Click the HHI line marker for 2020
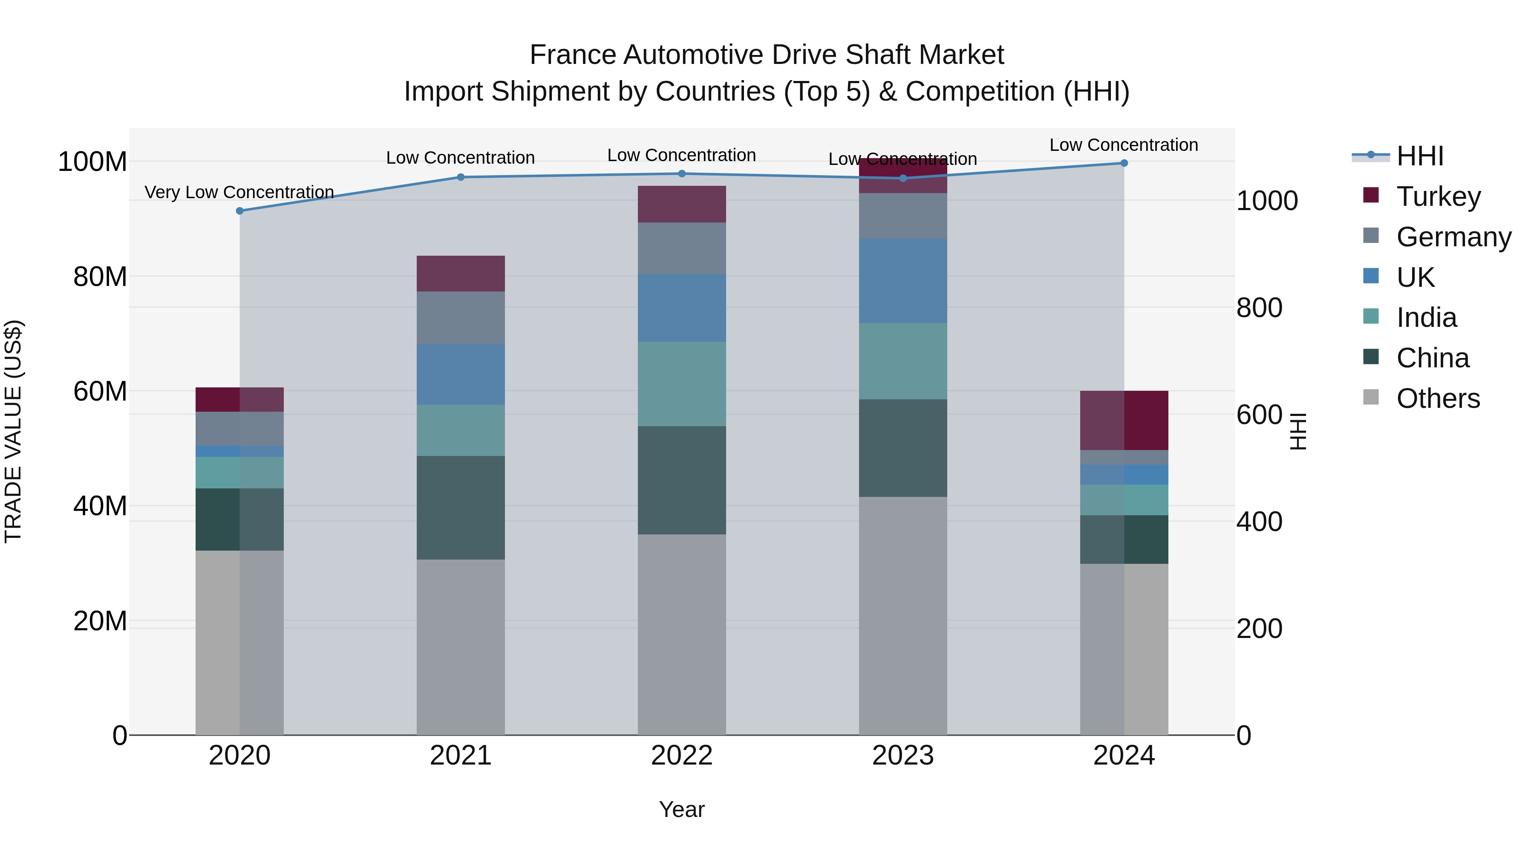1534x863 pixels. [239, 211]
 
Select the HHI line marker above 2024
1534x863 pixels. [1124, 163]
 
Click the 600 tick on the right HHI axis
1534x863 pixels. [1259, 415]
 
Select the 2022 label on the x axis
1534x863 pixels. [681, 756]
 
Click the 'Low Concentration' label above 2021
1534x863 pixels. [460, 158]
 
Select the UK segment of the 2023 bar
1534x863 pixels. [903, 281]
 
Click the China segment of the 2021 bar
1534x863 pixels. [460, 508]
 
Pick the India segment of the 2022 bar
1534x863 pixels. [681, 384]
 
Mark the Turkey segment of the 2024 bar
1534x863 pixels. [1124, 421]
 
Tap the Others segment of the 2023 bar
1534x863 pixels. [903, 615]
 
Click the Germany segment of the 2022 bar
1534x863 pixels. [681, 248]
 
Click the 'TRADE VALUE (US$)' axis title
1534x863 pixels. [13, 431]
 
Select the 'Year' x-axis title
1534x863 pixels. [681, 809]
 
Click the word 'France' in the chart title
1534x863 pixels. [572, 55]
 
